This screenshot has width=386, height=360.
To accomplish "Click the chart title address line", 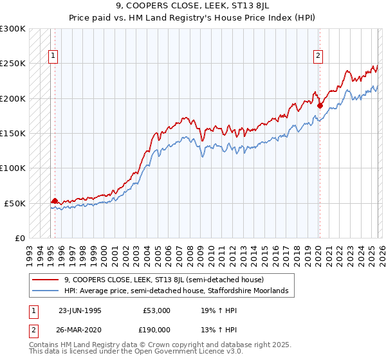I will pyautogui.click(x=193, y=5).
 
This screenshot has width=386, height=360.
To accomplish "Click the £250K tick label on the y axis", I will pyautogui.click(x=13, y=64).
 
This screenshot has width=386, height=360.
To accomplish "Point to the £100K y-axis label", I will pyautogui.click(x=13, y=168).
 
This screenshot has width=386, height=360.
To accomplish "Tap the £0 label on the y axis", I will pyautogui.click(x=20, y=238).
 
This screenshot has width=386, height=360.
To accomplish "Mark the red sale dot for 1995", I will pyautogui.click(x=55, y=201).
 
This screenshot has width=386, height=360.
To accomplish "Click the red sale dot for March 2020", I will pyautogui.click(x=320, y=106).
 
